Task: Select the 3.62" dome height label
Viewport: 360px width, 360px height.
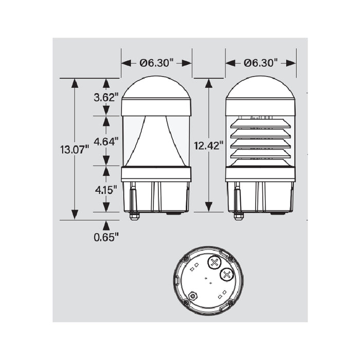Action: (106, 97)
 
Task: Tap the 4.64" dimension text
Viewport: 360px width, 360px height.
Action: (106, 140)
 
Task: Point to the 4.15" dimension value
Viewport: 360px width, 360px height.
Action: (106, 189)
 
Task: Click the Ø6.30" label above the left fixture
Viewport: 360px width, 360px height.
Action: (156, 63)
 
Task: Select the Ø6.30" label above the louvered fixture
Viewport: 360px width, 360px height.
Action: (261, 63)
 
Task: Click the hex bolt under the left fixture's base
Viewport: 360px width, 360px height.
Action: (134, 216)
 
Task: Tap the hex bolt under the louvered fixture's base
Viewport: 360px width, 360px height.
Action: (238, 216)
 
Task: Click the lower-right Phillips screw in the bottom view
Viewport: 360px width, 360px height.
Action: (226, 276)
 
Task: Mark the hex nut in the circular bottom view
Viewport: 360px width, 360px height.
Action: (193, 296)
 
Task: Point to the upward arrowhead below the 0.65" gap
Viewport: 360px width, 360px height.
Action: (106, 225)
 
